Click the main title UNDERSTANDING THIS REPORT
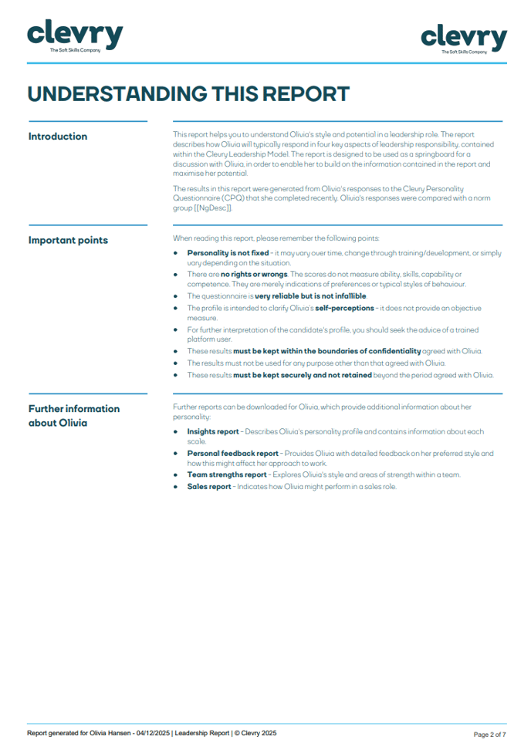188,94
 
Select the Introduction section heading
58,137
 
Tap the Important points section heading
68,240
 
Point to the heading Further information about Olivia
74,415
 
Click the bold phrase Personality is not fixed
228,253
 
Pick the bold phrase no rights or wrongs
254,274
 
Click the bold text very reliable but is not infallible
311,295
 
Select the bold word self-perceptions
345,307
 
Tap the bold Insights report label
213,431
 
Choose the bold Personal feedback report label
232,453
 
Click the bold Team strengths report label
226,474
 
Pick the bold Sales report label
209,486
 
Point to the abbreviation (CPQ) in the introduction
235,197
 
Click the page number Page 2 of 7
489,734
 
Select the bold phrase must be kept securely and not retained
302,375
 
